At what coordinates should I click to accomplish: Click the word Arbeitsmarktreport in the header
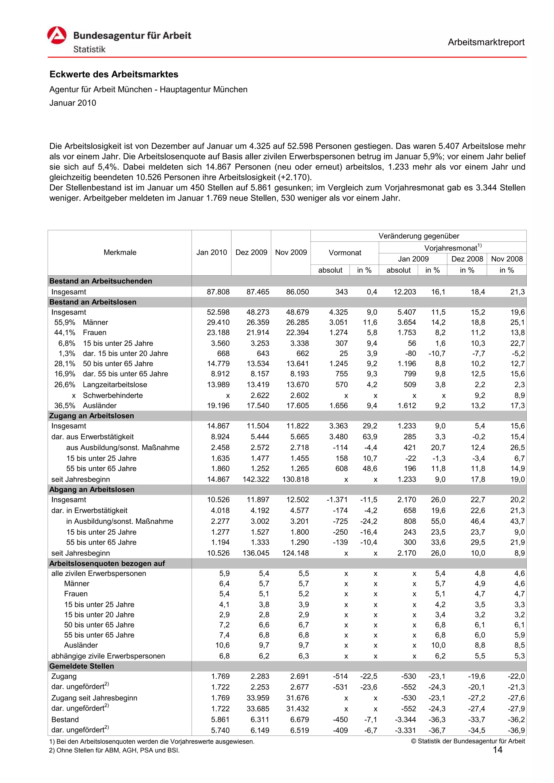click(x=486, y=42)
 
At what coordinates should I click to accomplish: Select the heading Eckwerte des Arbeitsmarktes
click(x=114, y=74)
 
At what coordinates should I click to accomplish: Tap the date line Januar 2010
click(x=73, y=103)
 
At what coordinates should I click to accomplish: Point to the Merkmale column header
click(x=120, y=252)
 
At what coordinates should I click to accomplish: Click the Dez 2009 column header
click(x=251, y=252)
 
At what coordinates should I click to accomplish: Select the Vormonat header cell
click(x=344, y=253)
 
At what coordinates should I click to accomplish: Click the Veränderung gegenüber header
click(x=418, y=236)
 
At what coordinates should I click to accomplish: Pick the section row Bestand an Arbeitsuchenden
click(x=101, y=281)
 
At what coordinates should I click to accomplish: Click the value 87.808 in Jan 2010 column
click(x=218, y=292)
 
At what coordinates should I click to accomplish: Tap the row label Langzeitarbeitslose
click(x=115, y=385)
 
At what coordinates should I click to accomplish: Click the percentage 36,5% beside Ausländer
click(x=64, y=406)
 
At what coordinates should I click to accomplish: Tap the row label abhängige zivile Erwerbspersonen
click(x=108, y=656)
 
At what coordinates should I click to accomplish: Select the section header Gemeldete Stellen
click(x=82, y=666)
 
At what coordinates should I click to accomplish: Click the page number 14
click(x=497, y=750)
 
